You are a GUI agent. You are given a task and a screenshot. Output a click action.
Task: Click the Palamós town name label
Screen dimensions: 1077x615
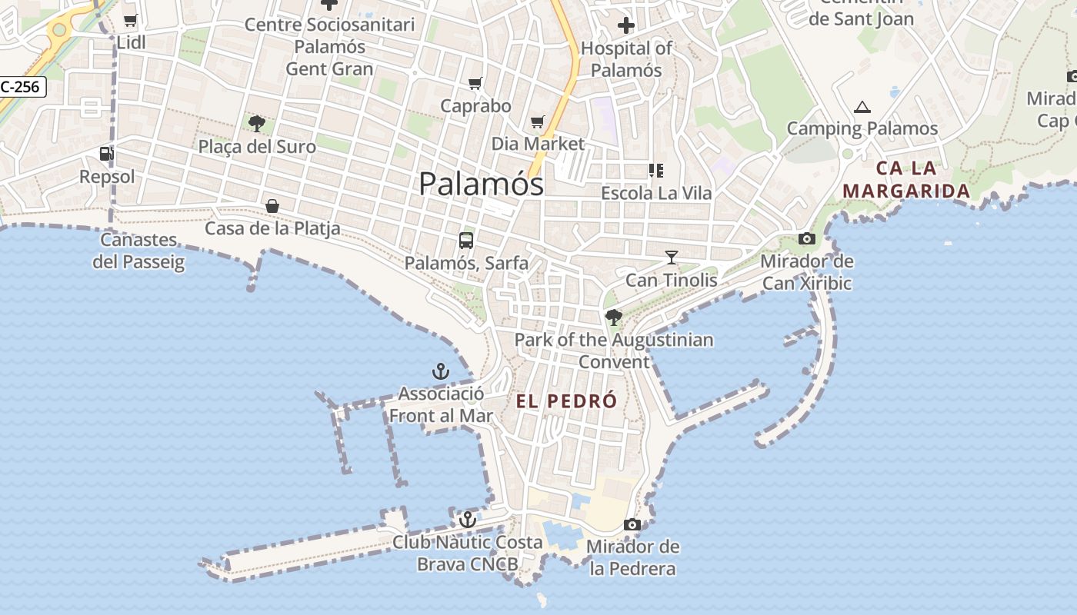click(x=482, y=184)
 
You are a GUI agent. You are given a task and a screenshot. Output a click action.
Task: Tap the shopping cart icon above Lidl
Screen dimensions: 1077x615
click(x=131, y=21)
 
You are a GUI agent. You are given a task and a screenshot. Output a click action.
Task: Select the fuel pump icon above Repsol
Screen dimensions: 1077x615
click(x=106, y=154)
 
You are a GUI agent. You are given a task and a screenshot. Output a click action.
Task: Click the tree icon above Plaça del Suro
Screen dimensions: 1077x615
click(x=257, y=123)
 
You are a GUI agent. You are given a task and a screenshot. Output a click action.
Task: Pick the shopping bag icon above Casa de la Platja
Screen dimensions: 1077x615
click(x=272, y=205)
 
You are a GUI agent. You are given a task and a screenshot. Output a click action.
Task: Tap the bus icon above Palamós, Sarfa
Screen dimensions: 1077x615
click(x=466, y=240)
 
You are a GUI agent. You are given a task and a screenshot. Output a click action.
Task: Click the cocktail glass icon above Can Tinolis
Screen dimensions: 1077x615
click(x=672, y=258)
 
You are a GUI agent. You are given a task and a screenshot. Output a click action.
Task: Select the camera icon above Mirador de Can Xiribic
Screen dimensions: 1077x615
click(x=807, y=238)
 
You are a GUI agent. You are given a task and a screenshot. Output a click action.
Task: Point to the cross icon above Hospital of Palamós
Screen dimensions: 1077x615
click(x=626, y=25)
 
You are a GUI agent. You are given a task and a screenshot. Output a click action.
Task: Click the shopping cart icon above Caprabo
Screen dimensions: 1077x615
click(x=475, y=83)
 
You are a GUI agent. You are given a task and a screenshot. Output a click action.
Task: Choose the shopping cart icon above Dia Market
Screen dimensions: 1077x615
click(x=538, y=121)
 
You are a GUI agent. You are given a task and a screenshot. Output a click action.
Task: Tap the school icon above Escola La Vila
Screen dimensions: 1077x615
click(x=656, y=170)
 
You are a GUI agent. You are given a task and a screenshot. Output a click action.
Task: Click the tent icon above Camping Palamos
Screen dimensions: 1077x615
click(x=862, y=107)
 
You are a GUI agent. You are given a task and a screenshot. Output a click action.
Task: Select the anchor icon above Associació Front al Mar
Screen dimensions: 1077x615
click(x=441, y=372)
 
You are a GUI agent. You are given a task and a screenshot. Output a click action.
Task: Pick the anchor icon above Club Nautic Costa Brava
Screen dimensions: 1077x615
click(x=467, y=520)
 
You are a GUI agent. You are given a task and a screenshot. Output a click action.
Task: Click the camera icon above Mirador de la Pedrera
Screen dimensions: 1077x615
click(x=632, y=524)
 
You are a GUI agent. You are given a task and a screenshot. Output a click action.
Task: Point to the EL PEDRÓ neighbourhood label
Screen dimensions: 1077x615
click(x=567, y=401)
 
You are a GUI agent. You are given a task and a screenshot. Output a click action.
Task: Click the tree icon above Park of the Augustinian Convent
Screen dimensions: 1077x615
click(x=614, y=317)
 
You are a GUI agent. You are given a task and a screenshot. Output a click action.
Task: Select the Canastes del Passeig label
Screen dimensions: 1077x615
click(x=139, y=251)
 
